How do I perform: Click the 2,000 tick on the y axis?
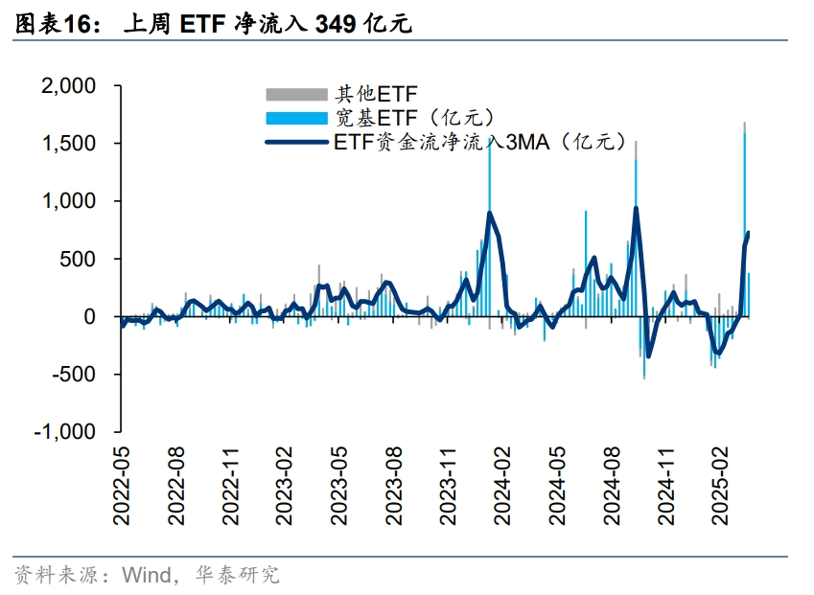pos(69,86)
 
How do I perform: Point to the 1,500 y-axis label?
pos(69,144)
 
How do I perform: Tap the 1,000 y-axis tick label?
pos(69,201)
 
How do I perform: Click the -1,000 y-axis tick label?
pos(65,431)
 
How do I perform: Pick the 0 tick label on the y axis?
pos(90,316)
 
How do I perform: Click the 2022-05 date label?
pos(122,485)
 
